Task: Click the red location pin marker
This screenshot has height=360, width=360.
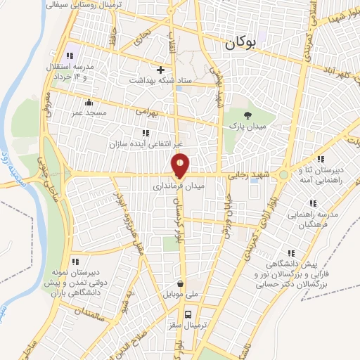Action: click(x=181, y=165)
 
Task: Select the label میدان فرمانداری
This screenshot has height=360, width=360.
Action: click(x=179, y=188)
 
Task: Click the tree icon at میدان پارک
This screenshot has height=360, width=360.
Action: click(x=247, y=115)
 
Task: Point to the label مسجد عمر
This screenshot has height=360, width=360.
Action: click(x=91, y=112)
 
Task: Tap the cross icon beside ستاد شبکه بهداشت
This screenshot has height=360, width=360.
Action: click(x=161, y=70)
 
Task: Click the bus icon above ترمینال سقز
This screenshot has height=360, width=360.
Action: click(x=188, y=315)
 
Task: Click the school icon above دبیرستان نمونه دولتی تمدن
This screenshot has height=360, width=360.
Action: click(x=75, y=262)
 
